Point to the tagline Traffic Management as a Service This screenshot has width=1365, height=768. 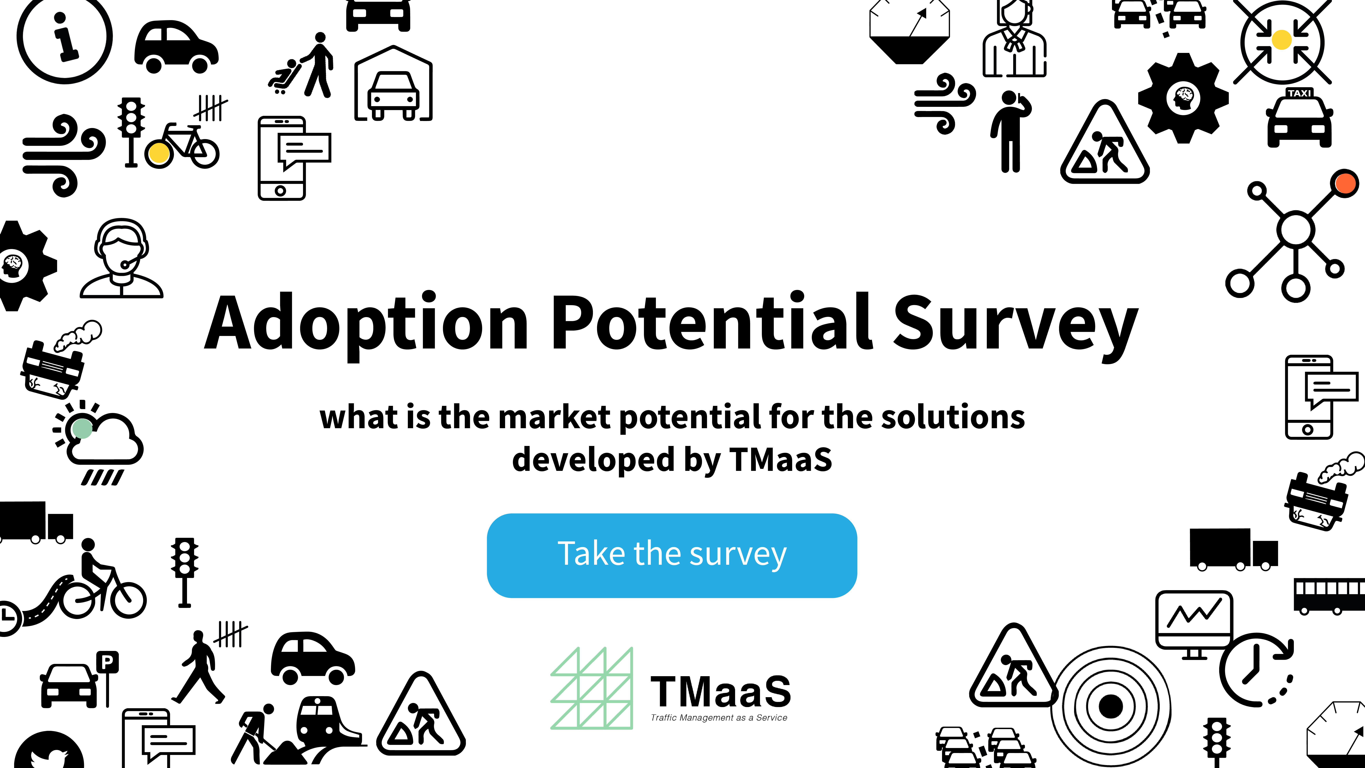(719, 718)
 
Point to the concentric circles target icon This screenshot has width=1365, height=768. (1111, 706)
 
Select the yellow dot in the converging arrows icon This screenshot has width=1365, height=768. (1281, 40)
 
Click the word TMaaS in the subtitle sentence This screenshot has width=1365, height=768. (781, 459)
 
